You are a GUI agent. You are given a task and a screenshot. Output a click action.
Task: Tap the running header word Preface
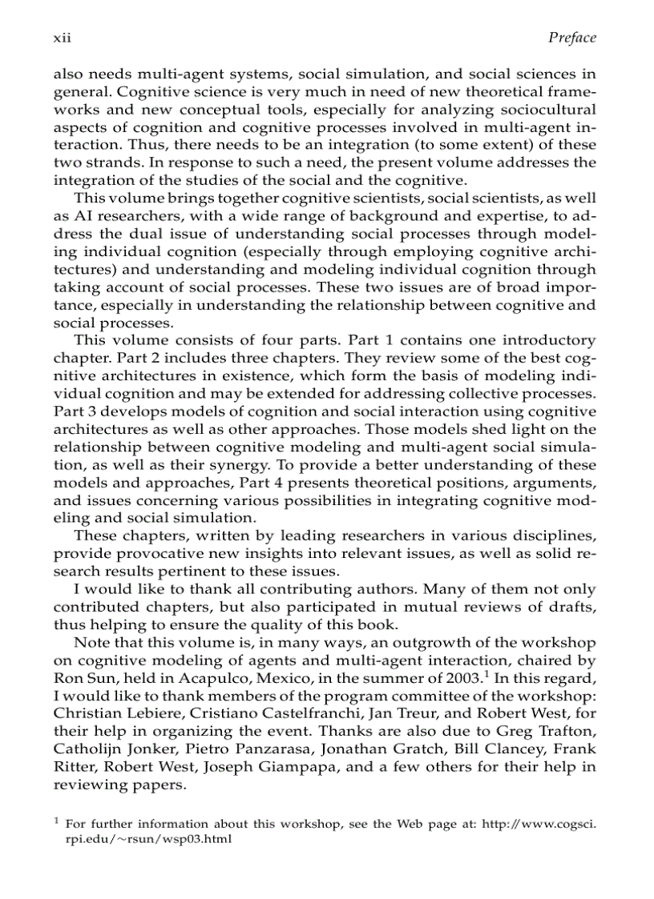[x=572, y=38]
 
